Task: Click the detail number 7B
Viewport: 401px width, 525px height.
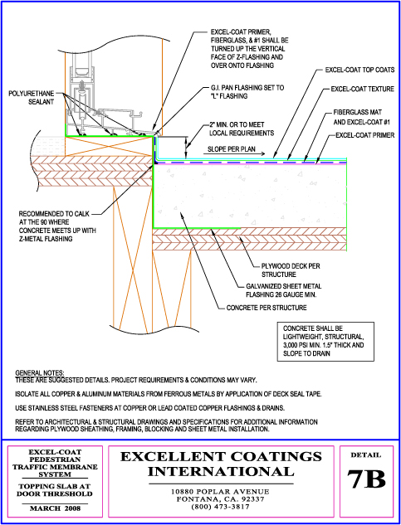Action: (366, 479)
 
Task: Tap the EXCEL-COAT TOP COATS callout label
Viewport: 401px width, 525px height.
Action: (359, 70)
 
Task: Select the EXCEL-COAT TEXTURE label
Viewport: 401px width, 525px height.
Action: (362, 90)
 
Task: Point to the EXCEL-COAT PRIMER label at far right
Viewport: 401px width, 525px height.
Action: (364, 135)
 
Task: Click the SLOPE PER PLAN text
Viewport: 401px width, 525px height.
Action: (232, 149)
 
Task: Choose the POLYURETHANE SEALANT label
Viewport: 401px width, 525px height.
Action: (31, 97)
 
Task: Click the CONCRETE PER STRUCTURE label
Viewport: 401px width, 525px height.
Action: (267, 308)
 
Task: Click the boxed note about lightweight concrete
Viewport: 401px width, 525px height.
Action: (325, 342)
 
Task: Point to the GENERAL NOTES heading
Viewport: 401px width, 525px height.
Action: (40, 372)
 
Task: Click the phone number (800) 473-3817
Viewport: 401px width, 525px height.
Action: (220, 507)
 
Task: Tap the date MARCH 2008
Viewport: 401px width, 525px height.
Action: (56, 508)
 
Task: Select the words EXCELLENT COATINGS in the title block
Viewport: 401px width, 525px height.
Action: (221, 457)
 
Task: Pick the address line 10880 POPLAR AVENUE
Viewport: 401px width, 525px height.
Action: (220, 492)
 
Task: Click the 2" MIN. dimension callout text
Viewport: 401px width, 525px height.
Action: (242, 129)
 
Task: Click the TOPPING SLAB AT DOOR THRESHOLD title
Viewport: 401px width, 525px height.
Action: (56, 490)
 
